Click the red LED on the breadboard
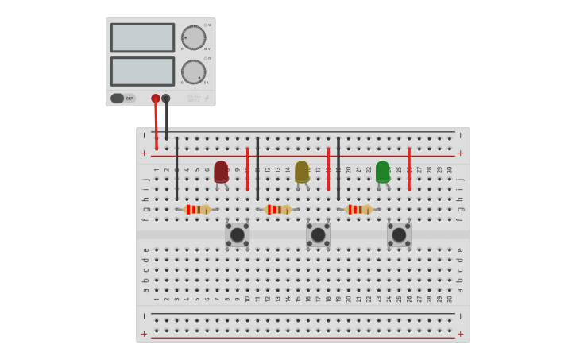(221, 171)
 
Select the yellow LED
(302, 171)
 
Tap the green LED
(383, 171)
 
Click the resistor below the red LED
(197, 209)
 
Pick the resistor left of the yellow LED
(278, 209)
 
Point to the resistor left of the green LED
(359, 209)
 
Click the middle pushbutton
(318, 234)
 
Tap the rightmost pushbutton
(399, 234)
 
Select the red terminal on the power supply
(156, 99)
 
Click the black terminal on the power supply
(166, 99)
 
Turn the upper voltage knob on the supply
(193, 37)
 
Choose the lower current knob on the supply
(193, 72)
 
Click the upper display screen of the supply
(142, 37)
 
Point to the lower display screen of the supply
(142, 72)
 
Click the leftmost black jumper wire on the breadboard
(176, 168)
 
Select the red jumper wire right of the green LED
(409, 168)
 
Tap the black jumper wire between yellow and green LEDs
(338, 168)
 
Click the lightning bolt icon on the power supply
(207, 99)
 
